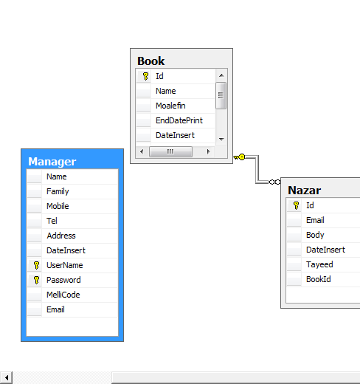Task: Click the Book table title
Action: point(150,61)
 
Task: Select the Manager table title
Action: point(52,162)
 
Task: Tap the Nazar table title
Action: point(304,191)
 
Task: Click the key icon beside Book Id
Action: point(145,76)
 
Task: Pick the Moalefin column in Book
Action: point(170,106)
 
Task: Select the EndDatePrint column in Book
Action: point(179,120)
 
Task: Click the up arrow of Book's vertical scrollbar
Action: point(221,75)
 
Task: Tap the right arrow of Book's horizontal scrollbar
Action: point(209,151)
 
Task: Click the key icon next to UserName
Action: point(36,265)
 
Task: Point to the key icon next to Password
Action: point(36,280)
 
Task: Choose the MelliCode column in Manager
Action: point(63,295)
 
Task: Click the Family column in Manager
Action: point(58,191)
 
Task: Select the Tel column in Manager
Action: point(52,221)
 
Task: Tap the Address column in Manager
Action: point(61,236)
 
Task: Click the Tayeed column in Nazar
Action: point(319,264)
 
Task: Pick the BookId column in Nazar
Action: point(319,279)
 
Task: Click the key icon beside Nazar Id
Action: point(296,205)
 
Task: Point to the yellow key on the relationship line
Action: point(239,157)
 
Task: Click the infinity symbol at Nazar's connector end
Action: point(274,182)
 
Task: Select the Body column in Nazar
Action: point(315,235)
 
